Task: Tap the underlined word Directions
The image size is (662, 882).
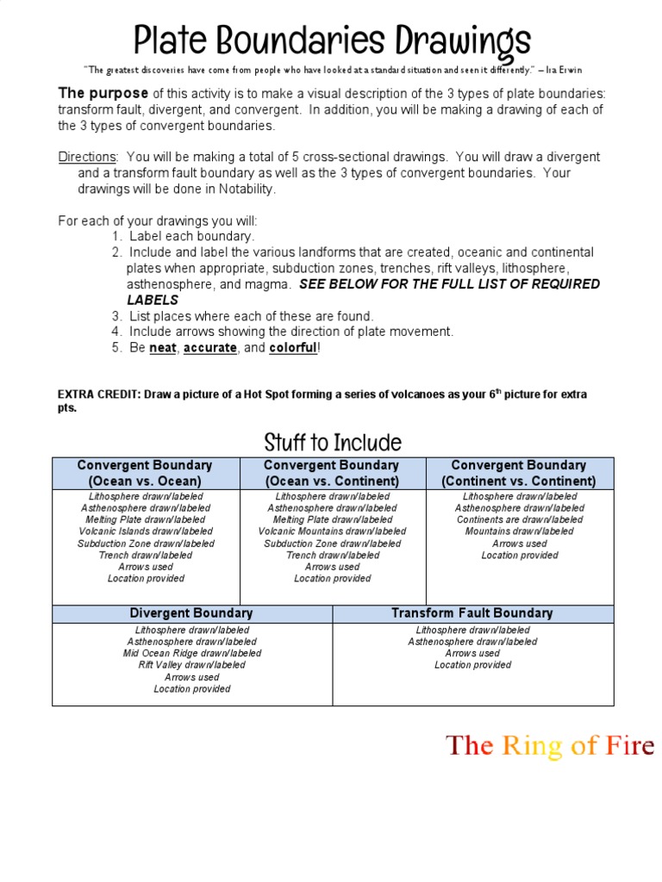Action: click(x=87, y=157)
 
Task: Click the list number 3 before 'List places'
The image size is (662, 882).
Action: click(x=116, y=316)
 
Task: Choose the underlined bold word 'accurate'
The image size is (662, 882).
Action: click(x=209, y=347)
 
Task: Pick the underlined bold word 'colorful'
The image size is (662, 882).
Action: click(x=293, y=347)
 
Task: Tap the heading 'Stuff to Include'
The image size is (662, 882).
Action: click(x=333, y=443)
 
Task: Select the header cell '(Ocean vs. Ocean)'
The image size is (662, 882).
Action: click(x=145, y=481)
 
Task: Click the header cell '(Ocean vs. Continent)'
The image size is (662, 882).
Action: click(x=332, y=481)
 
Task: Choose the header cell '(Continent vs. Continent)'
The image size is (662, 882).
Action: click(x=519, y=481)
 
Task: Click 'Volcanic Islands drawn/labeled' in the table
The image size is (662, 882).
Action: click(x=145, y=531)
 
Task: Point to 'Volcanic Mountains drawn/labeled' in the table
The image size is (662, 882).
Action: click(x=332, y=531)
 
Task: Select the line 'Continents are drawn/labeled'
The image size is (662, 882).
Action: click(x=519, y=520)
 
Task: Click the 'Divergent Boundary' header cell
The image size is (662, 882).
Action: click(x=191, y=613)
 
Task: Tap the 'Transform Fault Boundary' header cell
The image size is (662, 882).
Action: click(x=472, y=613)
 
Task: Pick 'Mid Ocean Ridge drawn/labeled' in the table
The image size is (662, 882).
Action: click(x=191, y=653)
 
